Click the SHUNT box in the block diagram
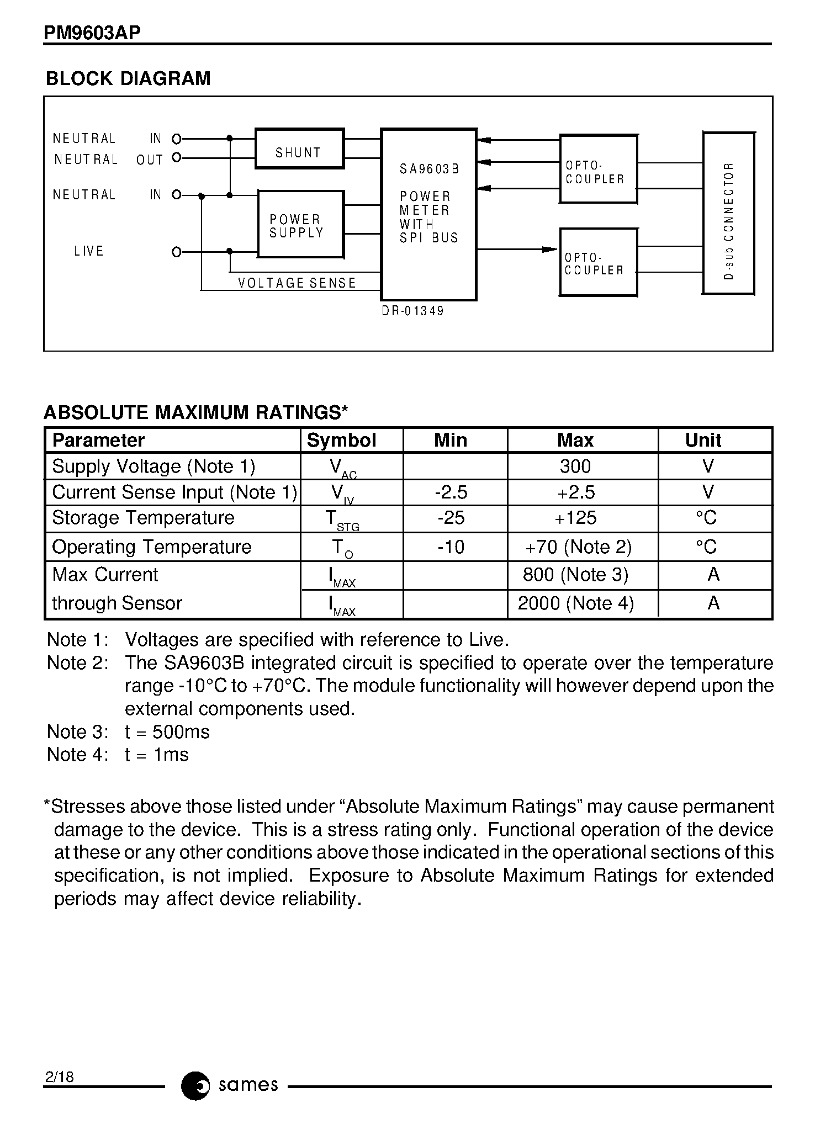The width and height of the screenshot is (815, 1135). tap(299, 148)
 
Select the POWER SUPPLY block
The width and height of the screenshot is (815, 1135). tap(301, 224)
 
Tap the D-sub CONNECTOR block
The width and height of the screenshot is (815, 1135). tap(728, 213)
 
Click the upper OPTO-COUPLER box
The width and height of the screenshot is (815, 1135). tap(599, 169)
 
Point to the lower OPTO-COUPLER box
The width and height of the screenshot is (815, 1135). tap(599, 263)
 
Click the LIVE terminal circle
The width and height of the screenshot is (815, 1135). tap(177, 252)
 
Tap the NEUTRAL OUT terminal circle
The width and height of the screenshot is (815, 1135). tap(177, 157)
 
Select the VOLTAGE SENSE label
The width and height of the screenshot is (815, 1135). tap(297, 283)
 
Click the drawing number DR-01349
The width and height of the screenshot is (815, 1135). tap(413, 311)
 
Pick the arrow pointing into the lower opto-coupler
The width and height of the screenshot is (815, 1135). tap(549, 250)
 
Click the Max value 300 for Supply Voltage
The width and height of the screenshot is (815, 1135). tap(575, 466)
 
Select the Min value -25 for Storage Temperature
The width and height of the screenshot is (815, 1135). tap(451, 518)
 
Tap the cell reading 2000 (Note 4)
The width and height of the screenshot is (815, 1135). tap(576, 603)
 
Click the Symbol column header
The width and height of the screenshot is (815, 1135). tap(341, 440)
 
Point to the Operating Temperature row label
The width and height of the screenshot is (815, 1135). tap(152, 547)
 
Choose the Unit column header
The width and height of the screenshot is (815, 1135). tap(703, 440)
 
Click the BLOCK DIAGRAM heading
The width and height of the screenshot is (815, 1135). tap(128, 78)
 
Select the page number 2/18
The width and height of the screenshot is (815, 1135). tap(60, 1076)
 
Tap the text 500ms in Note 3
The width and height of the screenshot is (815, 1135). tap(181, 732)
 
